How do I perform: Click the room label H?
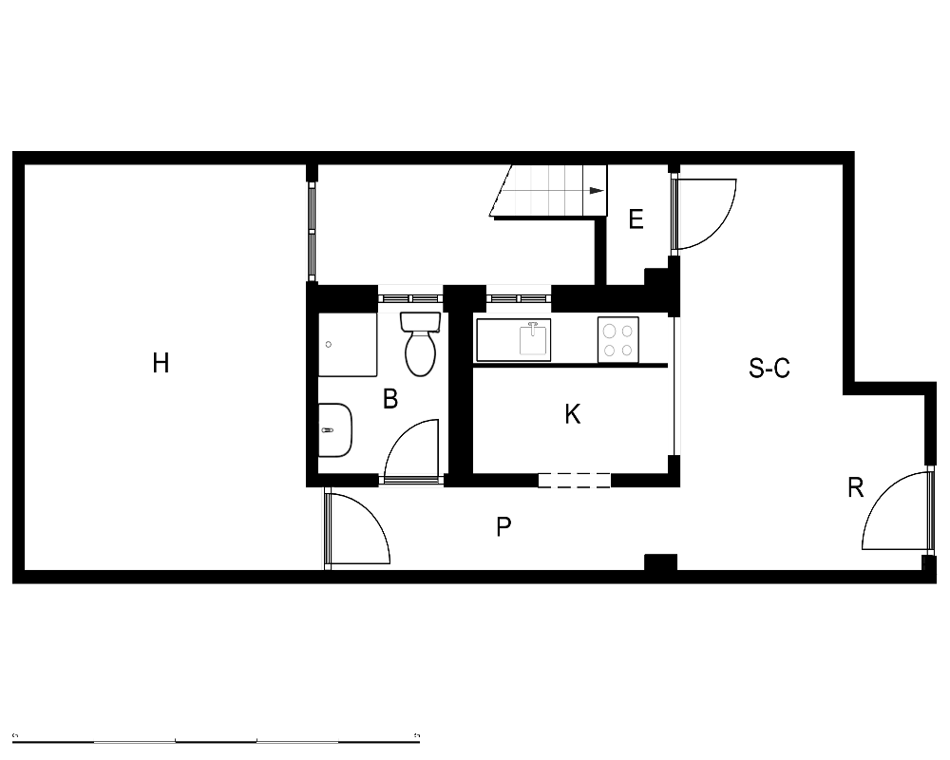(x=161, y=363)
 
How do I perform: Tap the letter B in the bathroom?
(x=390, y=399)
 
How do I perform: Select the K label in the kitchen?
(x=573, y=414)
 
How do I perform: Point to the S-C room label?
(x=769, y=368)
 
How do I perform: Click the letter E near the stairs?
(x=636, y=218)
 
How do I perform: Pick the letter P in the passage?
(x=503, y=526)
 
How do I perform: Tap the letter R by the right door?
(x=855, y=487)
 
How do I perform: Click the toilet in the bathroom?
(x=419, y=344)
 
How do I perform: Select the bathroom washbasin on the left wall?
(x=335, y=429)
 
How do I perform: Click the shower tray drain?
(x=329, y=344)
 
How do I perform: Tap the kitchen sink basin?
(x=533, y=339)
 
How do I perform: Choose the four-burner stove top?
(x=618, y=340)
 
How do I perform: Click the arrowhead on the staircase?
(x=598, y=190)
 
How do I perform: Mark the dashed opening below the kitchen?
(x=575, y=481)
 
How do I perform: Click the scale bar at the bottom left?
(x=216, y=739)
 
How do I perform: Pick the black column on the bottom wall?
(x=660, y=561)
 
